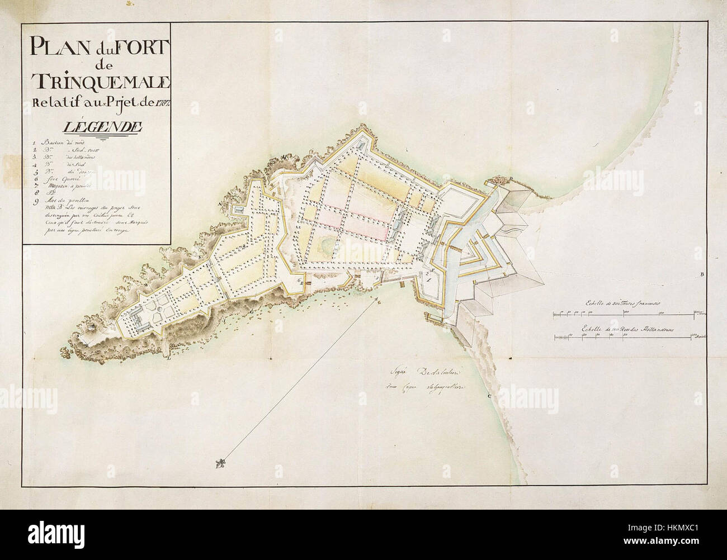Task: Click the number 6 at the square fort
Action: coord(300,281)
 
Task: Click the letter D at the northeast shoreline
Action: coord(510,178)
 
